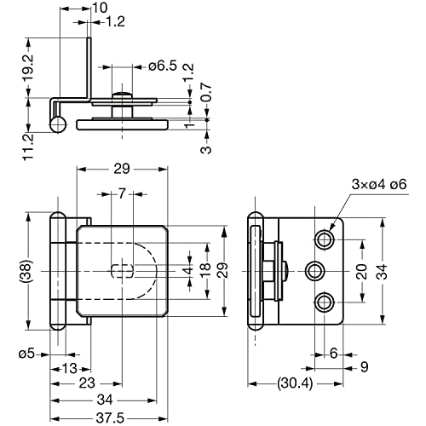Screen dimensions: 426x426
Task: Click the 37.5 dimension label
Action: click(110, 418)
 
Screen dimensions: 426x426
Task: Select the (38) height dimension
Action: click(28, 270)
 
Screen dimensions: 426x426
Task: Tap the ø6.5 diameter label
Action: click(163, 66)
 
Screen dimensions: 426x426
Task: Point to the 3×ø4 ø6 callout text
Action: click(379, 184)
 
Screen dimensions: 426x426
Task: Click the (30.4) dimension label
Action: click(296, 383)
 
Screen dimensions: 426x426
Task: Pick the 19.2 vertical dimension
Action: click(28, 67)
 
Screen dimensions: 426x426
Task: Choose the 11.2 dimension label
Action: click(28, 147)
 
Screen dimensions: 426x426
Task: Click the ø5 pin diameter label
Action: click(27, 354)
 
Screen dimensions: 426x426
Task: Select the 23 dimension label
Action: click(87, 383)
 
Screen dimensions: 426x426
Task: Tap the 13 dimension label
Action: click(70, 369)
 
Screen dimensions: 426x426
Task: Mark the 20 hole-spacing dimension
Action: click(363, 271)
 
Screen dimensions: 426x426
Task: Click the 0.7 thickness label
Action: click(207, 92)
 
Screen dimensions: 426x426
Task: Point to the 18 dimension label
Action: click(206, 270)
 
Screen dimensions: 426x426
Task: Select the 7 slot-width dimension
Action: click(122, 194)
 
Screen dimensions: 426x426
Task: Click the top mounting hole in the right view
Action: click(325, 240)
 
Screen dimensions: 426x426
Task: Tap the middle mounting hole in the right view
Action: click(314, 271)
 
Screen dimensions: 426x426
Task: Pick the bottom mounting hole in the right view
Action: click(325, 302)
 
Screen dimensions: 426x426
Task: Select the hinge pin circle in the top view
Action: click(59, 124)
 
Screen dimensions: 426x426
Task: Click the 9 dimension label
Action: click(365, 367)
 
